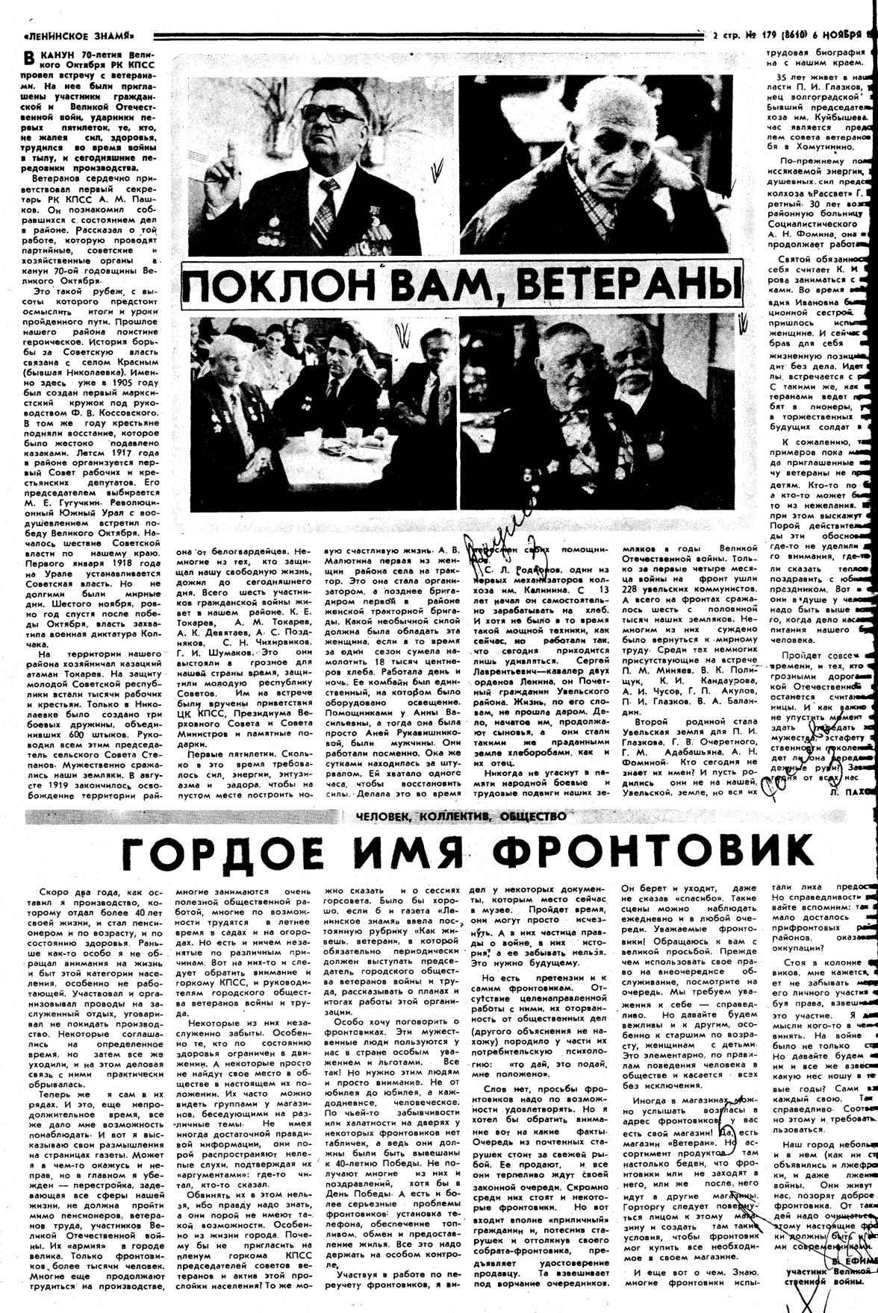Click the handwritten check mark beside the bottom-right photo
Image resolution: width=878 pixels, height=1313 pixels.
pos(743,325)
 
